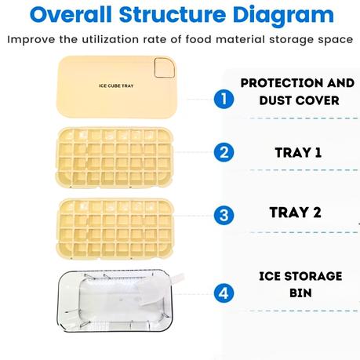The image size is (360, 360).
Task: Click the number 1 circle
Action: [224, 100]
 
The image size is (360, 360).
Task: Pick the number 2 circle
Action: [224, 152]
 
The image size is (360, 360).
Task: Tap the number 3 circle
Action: [224, 214]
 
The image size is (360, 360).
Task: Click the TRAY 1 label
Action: [295, 152]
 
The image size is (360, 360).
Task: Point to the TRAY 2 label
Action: [295, 213]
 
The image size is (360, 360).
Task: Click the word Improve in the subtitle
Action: [32, 39]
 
